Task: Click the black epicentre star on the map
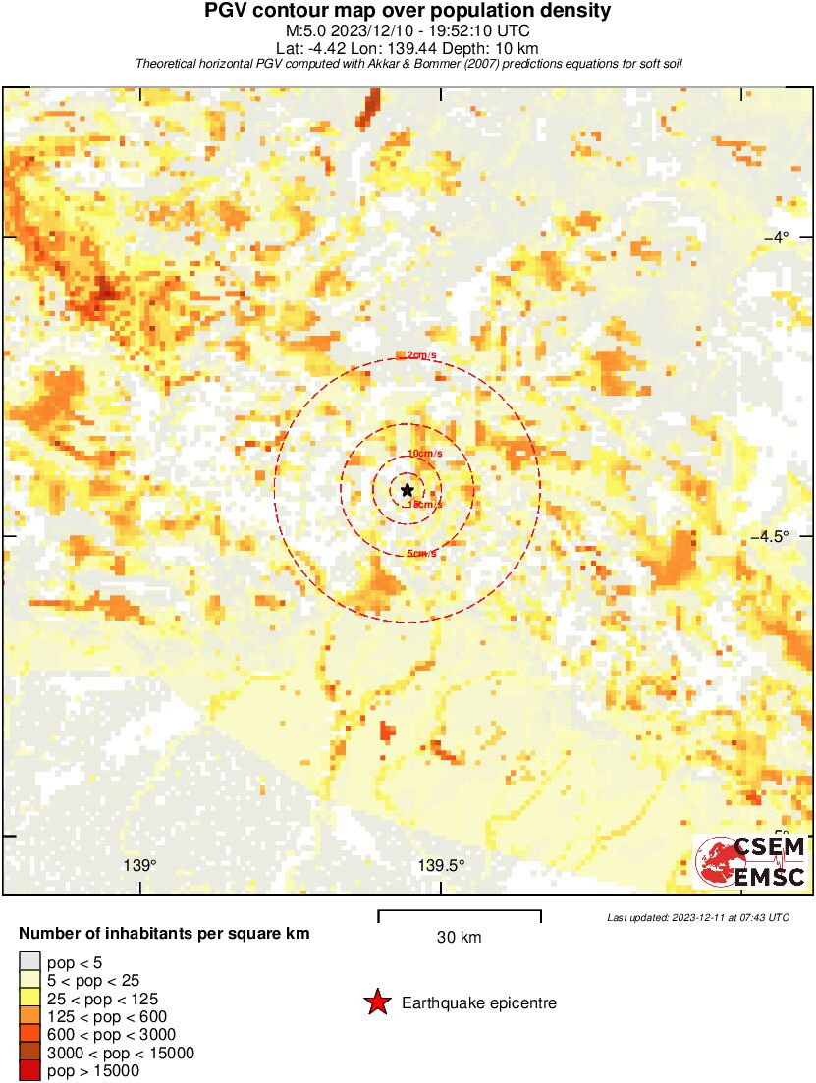coord(407,490)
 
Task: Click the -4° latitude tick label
coord(777,237)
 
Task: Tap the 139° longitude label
coord(140,866)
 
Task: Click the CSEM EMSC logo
coord(751,861)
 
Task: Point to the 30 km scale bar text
coord(459,938)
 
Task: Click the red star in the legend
coord(376,1002)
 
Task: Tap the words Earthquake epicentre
coord(479,1003)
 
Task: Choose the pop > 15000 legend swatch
coord(29,1071)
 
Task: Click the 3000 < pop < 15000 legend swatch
coord(29,1053)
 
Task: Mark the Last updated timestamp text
coord(697,917)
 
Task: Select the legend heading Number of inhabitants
coord(165,934)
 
